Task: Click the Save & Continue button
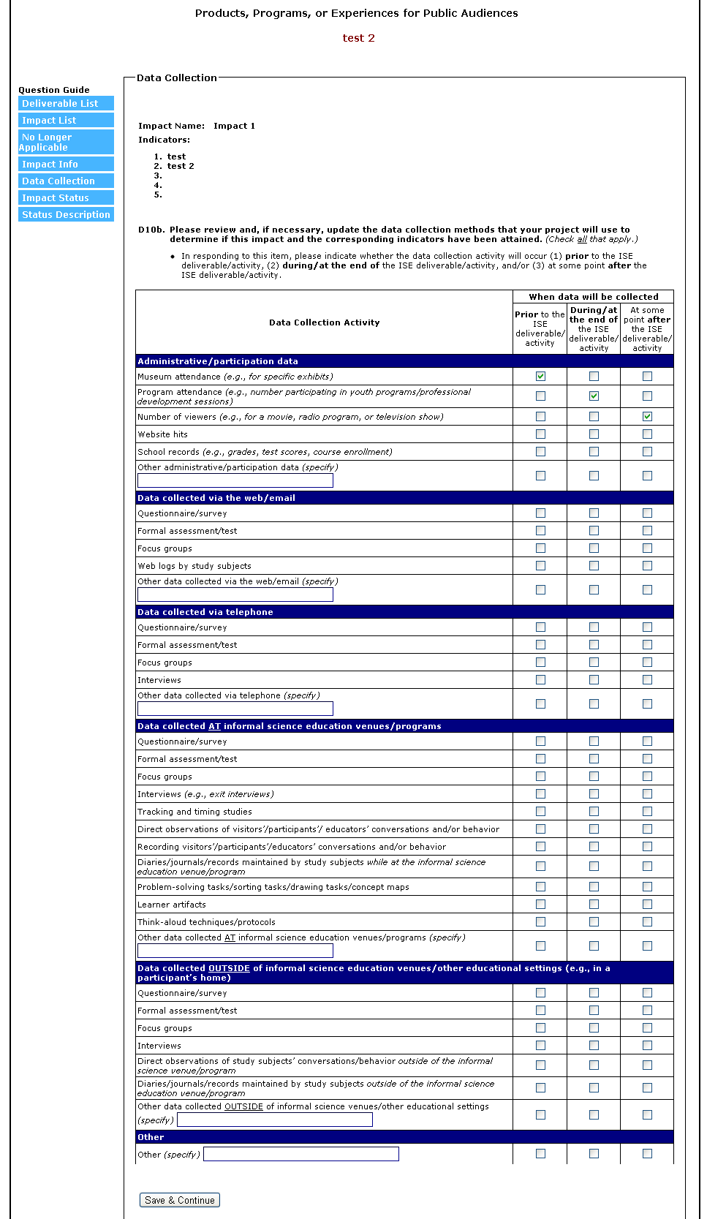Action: pos(179,1200)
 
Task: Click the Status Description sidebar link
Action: pos(66,215)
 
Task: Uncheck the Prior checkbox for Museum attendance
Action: pos(540,377)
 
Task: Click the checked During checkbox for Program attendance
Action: pos(594,396)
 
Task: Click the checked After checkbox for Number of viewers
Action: pos(647,417)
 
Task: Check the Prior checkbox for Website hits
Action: pos(540,434)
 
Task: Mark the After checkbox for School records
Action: pos(647,452)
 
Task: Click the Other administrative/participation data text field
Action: pos(235,480)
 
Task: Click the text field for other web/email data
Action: pos(235,595)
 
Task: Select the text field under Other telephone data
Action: pos(235,709)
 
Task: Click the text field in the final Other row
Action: pos(301,1154)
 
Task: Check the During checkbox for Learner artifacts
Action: pos(594,905)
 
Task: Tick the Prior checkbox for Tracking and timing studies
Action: pos(540,812)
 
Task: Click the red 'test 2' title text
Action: pos(358,38)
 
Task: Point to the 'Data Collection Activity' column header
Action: pos(324,322)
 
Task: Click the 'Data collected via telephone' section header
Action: pos(205,612)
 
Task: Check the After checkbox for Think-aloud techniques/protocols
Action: pos(647,922)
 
